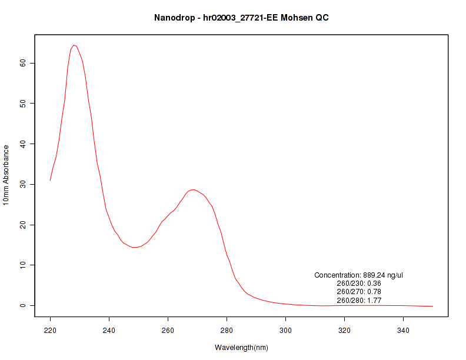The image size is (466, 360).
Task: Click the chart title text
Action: [x=241, y=18]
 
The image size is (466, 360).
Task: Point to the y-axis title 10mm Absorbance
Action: [x=6, y=175]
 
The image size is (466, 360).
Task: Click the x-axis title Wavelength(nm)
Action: [x=241, y=348]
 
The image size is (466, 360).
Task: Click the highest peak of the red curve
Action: [x=74, y=45]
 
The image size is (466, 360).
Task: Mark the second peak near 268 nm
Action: [x=192, y=189]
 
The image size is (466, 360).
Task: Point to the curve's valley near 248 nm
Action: [x=135, y=247]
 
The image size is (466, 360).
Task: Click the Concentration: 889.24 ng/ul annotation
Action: [x=358, y=275]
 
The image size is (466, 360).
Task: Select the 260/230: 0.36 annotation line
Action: [x=358, y=284]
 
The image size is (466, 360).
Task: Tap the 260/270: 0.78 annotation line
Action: [x=358, y=292]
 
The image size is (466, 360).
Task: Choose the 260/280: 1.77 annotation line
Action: [x=358, y=300]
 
